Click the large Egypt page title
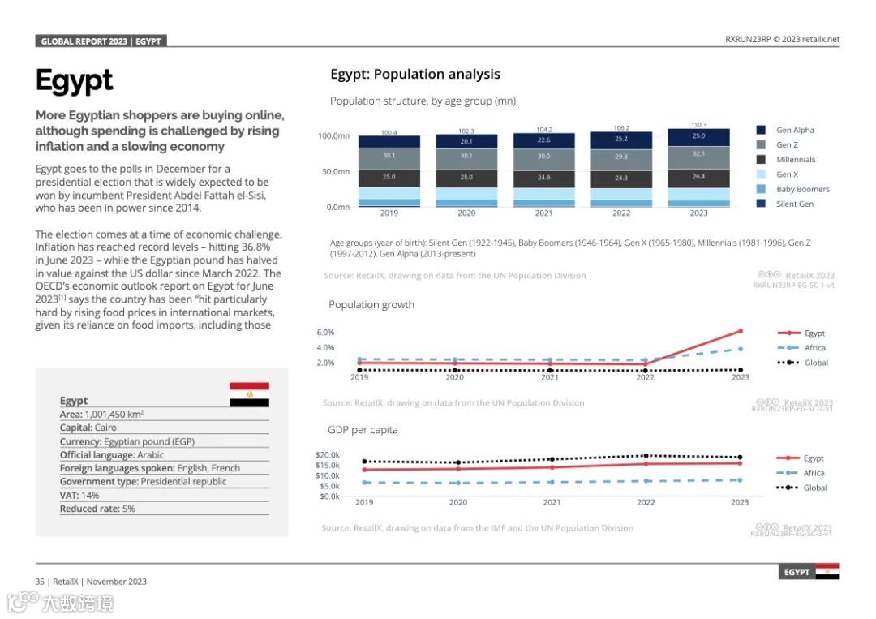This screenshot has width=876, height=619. click(75, 81)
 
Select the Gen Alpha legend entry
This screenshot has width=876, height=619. click(794, 130)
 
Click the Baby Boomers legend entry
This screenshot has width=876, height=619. click(802, 189)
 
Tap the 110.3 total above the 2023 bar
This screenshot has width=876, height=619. click(698, 125)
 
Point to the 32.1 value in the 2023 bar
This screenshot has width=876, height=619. click(698, 153)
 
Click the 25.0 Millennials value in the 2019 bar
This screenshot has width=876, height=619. click(389, 177)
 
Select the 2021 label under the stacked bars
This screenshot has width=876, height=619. click(543, 213)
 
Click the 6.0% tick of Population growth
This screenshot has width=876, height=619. click(325, 333)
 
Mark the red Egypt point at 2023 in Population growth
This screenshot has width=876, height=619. click(740, 331)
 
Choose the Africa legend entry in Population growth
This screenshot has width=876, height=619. click(814, 348)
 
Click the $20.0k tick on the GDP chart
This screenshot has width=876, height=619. click(328, 455)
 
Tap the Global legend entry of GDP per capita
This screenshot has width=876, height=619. click(815, 488)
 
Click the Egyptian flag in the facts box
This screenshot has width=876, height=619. click(249, 394)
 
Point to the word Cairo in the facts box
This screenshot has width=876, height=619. click(105, 428)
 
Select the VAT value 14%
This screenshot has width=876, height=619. click(90, 495)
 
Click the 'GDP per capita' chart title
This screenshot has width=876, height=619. click(363, 430)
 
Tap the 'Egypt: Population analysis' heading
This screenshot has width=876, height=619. click(415, 75)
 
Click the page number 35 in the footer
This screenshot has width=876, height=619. click(40, 582)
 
